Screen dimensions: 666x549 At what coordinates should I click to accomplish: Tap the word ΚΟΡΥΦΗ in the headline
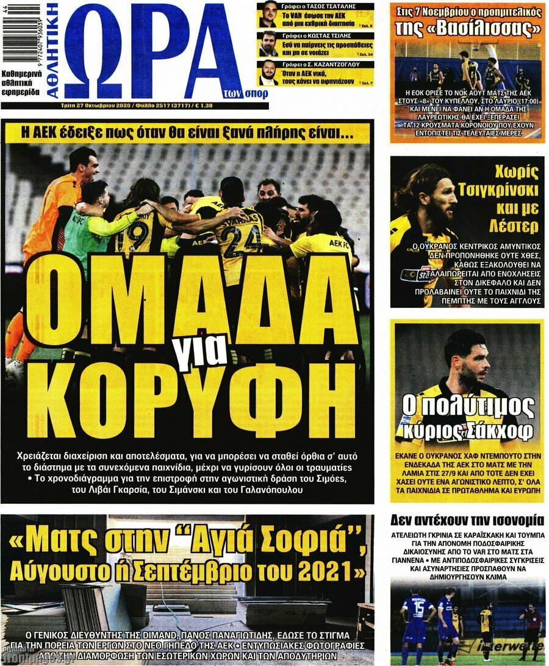point(189,399)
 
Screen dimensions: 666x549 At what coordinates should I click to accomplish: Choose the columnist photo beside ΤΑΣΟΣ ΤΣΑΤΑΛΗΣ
point(267,14)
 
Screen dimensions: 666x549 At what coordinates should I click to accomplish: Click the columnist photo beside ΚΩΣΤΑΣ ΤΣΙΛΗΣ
point(267,43)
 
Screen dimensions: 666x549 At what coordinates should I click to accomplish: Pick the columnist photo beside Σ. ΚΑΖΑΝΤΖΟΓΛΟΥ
point(267,72)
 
